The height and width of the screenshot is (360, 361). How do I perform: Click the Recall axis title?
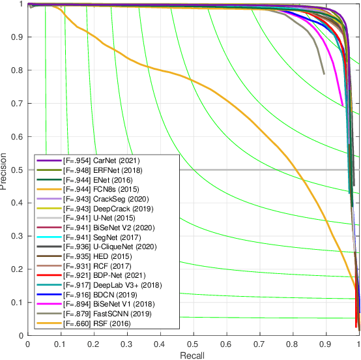(194, 354)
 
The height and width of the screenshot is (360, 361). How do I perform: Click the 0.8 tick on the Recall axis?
(293, 343)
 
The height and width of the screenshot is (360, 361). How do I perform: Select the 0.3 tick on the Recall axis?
(127, 343)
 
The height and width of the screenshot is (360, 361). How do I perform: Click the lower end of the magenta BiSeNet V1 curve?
(342, 105)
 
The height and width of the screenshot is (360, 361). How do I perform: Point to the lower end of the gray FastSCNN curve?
(323, 74)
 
